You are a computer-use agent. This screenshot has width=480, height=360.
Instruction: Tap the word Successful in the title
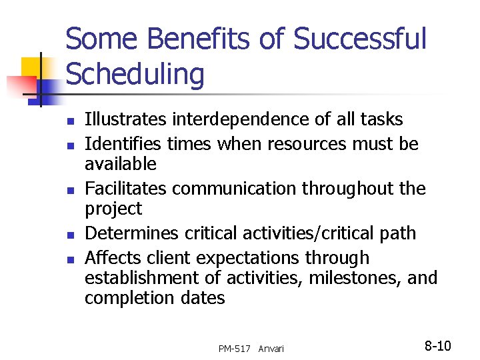click(x=359, y=39)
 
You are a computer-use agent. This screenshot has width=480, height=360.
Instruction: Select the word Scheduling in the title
click(x=135, y=75)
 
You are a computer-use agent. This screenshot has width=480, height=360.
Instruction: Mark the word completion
click(x=120, y=298)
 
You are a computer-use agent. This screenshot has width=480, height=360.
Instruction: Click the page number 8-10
click(x=438, y=345)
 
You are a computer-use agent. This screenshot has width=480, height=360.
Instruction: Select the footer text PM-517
click(x=235, y=349)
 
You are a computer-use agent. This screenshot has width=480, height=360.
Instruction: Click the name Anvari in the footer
click(x=271, y=349)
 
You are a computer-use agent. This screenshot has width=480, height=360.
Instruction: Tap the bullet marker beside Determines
click(x=70, y=235)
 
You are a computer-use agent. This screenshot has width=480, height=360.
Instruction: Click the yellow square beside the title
click(x=33, y=68)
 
